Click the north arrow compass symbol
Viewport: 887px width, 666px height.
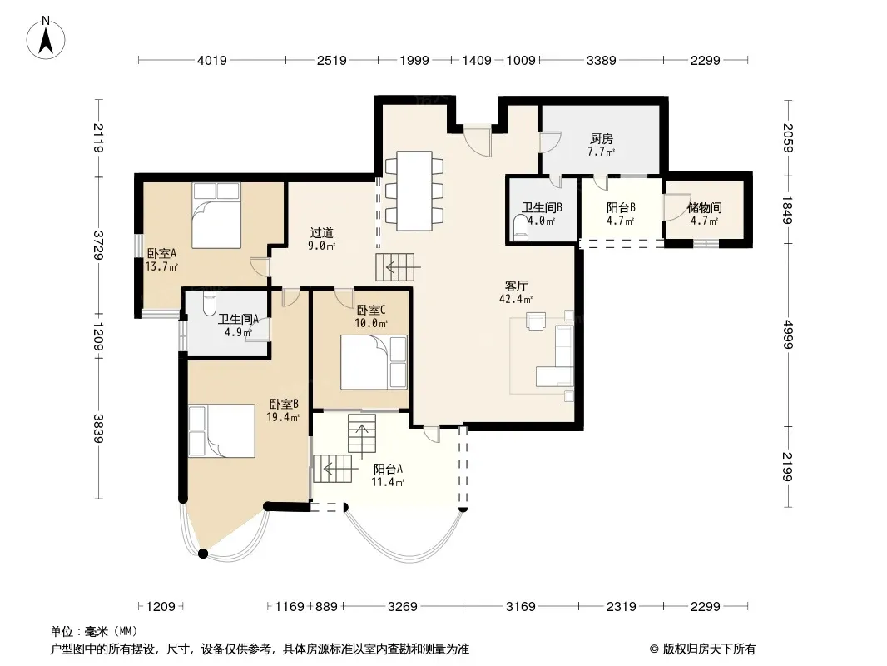point(46,38)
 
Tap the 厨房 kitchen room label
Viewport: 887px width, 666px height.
point(602,139)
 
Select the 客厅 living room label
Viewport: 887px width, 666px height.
point(516,286)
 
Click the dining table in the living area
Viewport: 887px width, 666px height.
point(414,191)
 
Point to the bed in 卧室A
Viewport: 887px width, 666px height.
point(216,215)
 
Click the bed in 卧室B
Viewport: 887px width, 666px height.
point(221,430)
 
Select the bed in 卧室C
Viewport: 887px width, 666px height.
point(374,362)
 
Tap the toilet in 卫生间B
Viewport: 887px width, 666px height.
point(519,227)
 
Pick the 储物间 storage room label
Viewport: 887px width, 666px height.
point(704,207)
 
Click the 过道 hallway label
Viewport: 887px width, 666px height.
point(321,232)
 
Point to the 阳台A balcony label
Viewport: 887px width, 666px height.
point(388,469)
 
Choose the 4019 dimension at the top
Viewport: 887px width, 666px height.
point(211,60)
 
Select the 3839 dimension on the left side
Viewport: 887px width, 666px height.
point(98,429)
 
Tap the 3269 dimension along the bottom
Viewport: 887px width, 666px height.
point(402,607)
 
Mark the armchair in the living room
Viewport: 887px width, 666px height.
point(536,321)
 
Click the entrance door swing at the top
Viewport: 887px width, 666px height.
point(478,142)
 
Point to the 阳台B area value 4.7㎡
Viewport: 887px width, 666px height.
point(621,221)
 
